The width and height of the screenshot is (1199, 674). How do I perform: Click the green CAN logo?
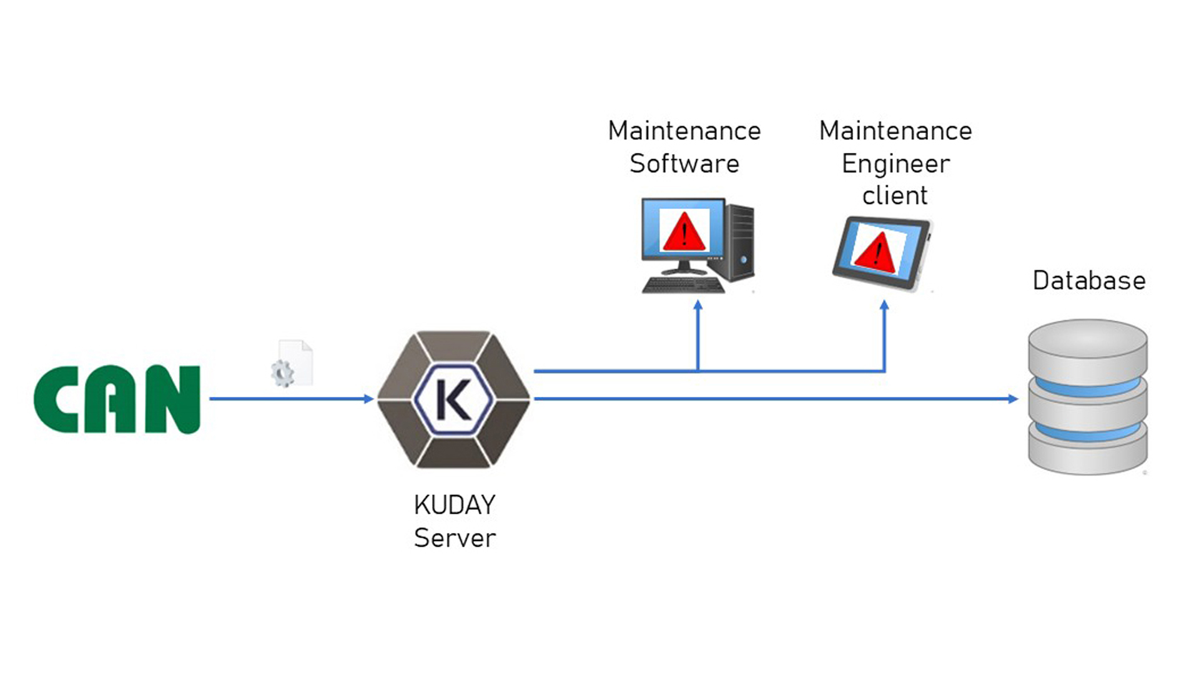coord(117,399)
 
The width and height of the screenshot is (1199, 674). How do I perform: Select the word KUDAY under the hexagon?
coord(455,505)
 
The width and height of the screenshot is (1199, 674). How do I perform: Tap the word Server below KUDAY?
coord(455,538)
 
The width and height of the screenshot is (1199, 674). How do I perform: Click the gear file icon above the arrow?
coord(292,364)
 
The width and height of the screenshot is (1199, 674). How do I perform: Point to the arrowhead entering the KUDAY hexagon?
coord(368,399)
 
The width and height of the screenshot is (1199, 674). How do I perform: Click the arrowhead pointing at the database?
coord(1013,399)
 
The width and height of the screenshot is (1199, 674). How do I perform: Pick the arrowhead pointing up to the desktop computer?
coord(698,305)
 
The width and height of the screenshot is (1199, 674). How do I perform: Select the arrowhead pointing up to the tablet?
coord(884,305)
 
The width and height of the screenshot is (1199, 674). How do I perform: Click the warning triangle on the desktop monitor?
coord(684,232)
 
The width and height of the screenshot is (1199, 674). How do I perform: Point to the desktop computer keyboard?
coord(683,286)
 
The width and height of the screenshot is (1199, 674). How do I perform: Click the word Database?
coord(1089,281)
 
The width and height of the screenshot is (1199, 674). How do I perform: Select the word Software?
coord(684,164)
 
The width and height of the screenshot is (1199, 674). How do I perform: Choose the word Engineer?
coord(896,164)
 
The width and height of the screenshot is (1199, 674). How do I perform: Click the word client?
coord(895,196)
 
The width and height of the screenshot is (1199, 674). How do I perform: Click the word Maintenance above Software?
coord(684,131)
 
